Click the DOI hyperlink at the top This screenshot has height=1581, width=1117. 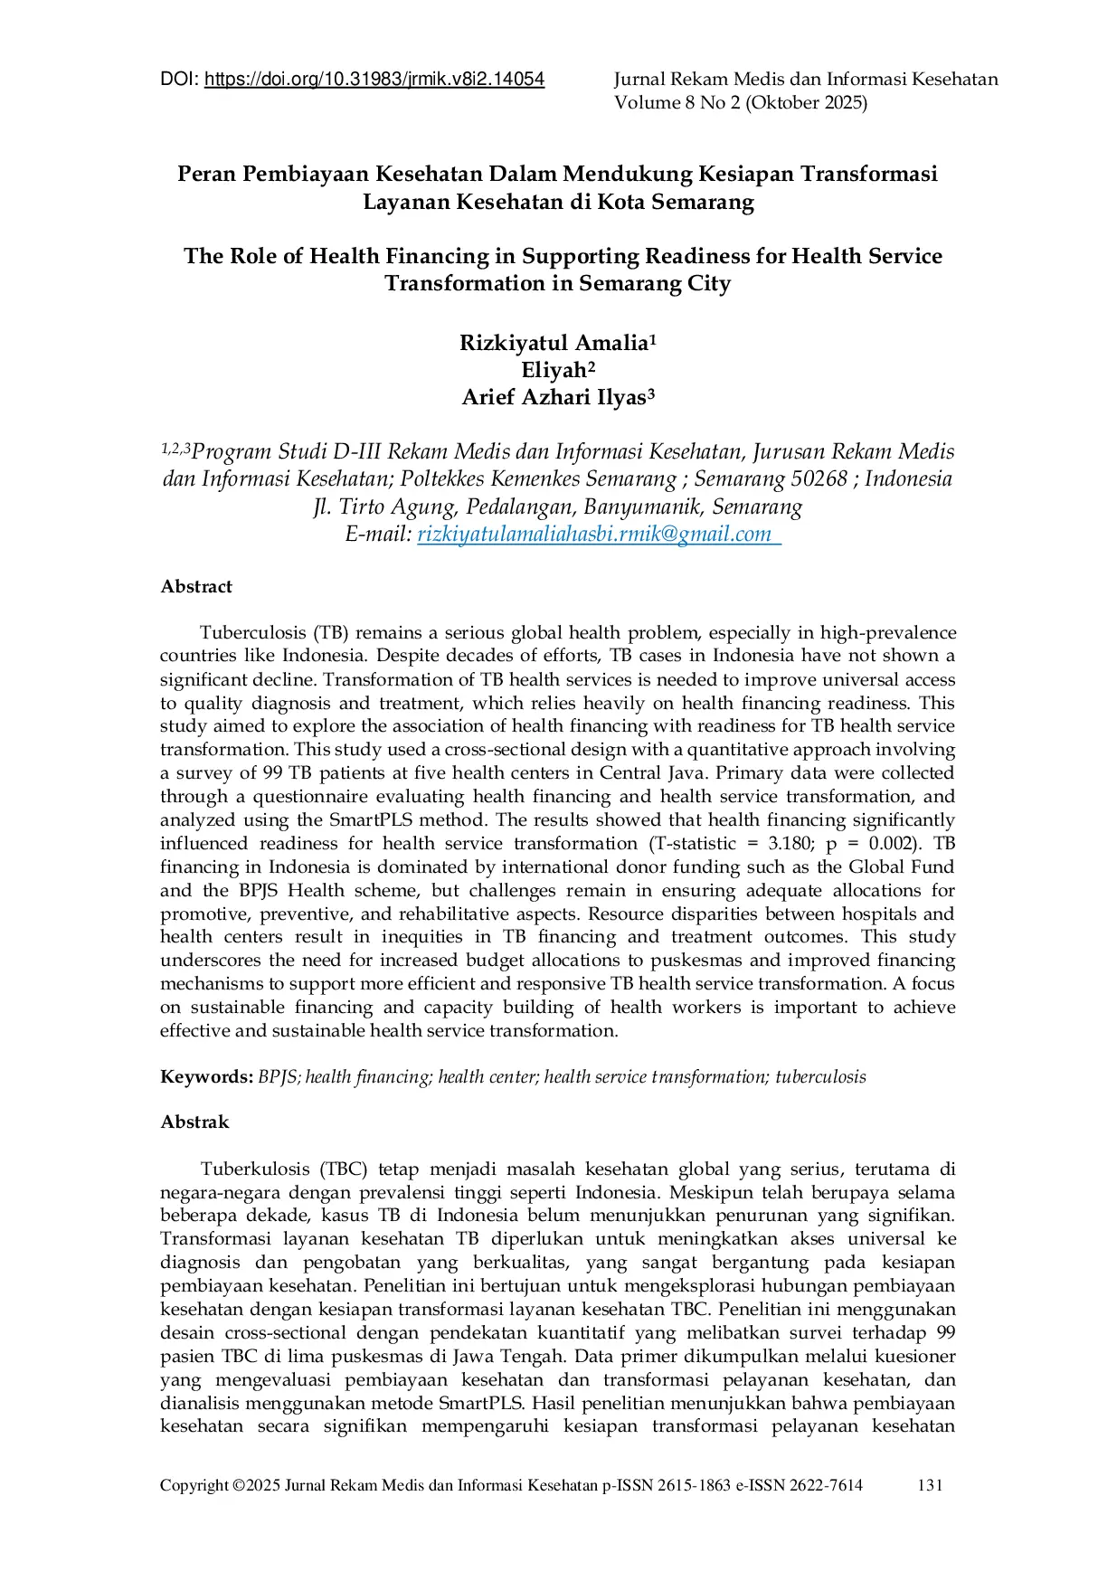point(374,80)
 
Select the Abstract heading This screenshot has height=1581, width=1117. point(196,587)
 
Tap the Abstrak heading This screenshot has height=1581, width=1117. point(194,1122)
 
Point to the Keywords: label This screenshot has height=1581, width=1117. point(206,1077)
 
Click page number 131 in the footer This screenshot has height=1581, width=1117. point(930,1485)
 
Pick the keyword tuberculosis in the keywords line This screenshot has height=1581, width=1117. point(820,1077)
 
